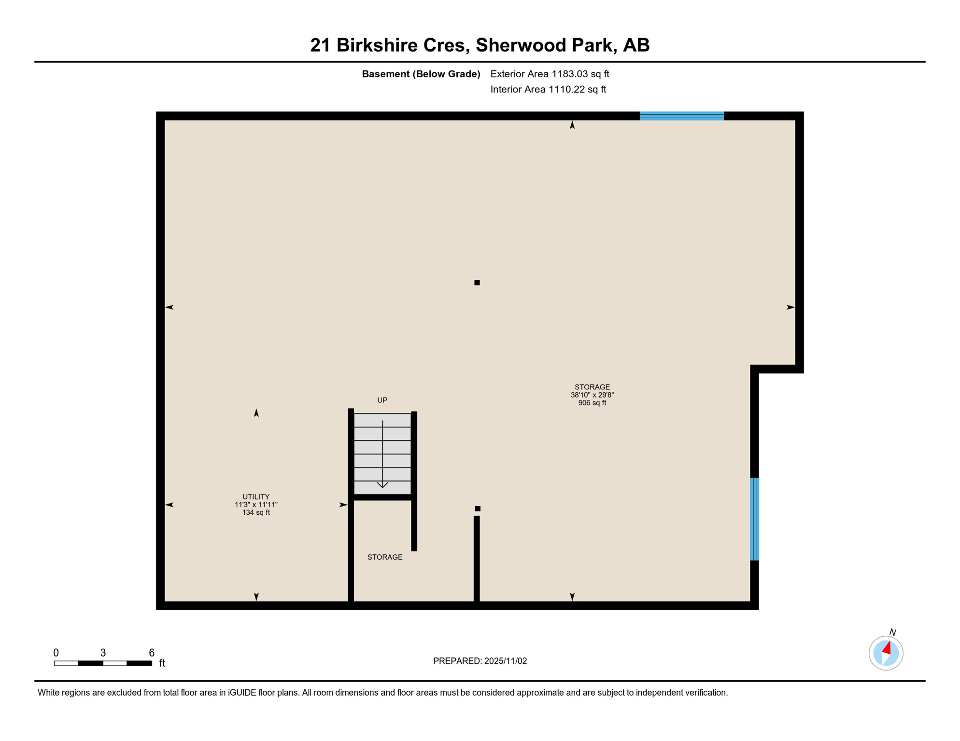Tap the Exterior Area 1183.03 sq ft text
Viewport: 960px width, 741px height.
tap(550, 74)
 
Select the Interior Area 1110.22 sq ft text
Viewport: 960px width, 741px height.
tap(548, 89)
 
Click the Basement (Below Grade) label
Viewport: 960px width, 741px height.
tap(421, 74)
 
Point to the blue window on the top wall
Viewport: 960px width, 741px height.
tap(681, 116)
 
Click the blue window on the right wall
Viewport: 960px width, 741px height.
tap(754, 519)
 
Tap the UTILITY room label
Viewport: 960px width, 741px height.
tap(256, 496)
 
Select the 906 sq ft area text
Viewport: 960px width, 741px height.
tap(592, 403)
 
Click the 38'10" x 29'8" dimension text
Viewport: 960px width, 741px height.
tap(592, 395)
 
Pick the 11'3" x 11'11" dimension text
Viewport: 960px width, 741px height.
tap(256, 505)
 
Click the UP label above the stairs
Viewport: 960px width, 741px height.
tap(382, 400)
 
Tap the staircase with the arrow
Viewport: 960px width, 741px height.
tap(382, 453)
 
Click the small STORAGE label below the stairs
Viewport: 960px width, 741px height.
tap(385, 557)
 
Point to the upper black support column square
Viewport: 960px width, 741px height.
tap(477, 283)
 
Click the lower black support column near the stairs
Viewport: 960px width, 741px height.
tap(478, 508)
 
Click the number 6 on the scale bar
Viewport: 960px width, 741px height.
tap(152, 653)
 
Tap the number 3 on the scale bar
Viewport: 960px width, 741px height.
tap(103, 653)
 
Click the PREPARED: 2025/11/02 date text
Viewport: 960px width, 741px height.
tap(480, 661)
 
